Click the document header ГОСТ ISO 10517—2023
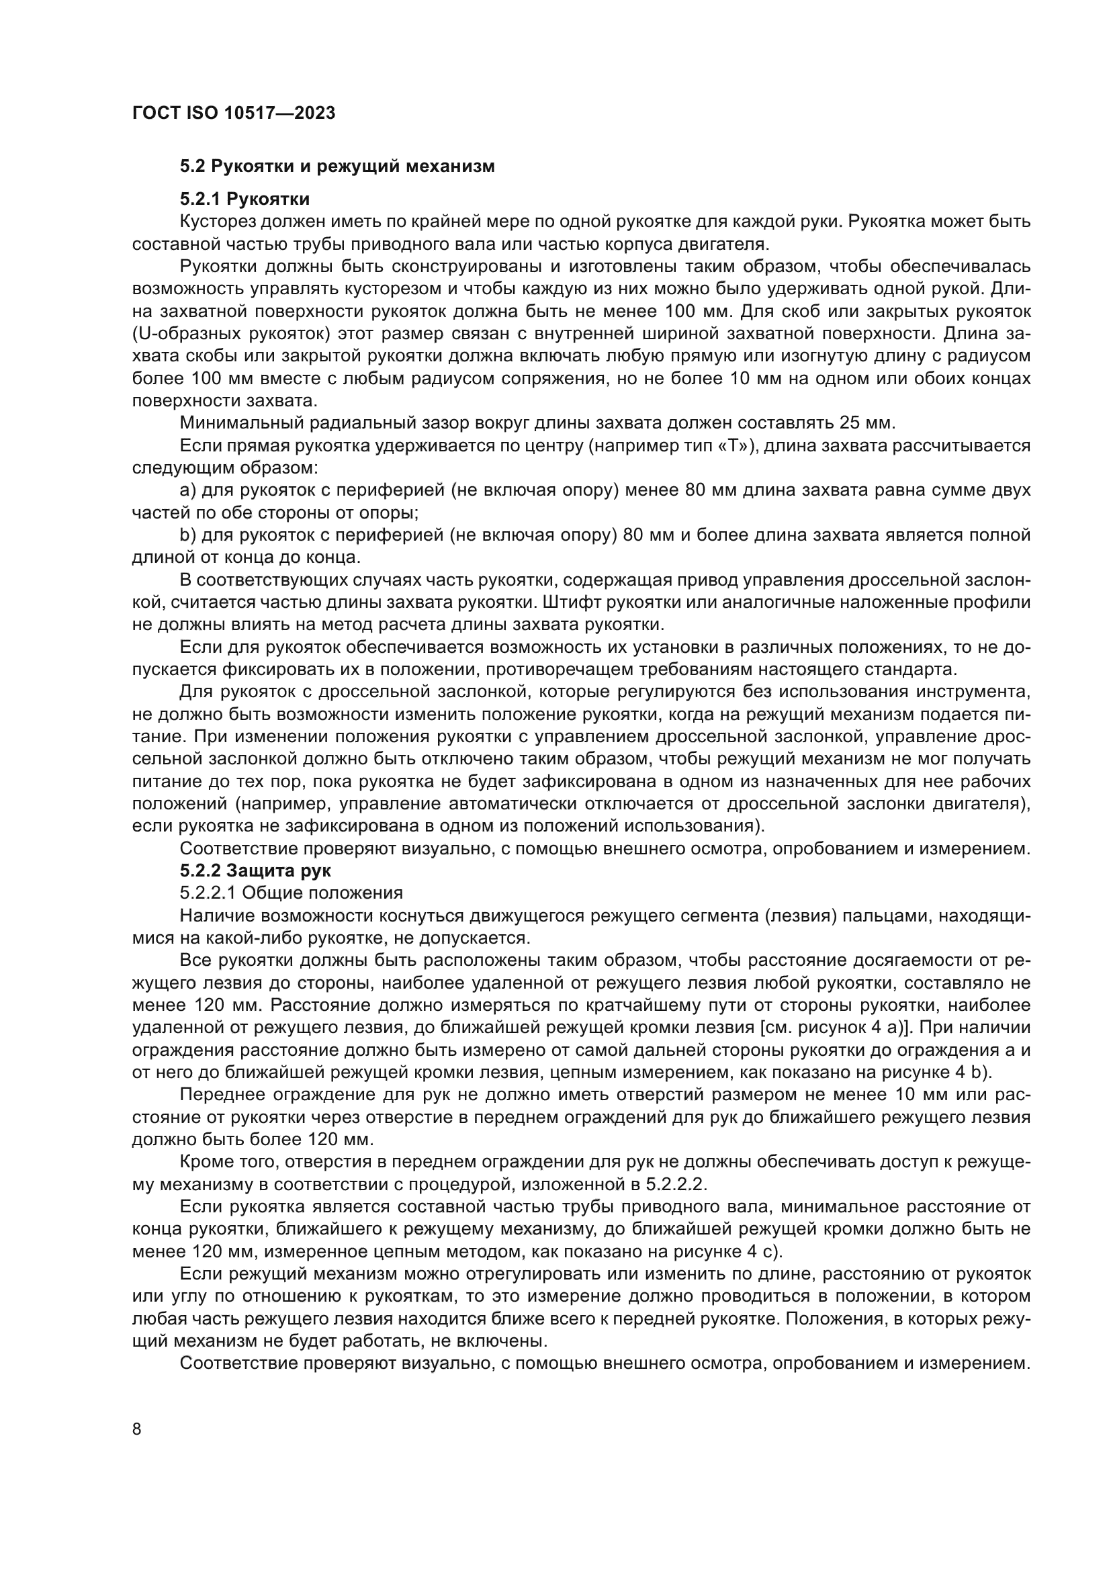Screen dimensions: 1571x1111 [x=233, y=114]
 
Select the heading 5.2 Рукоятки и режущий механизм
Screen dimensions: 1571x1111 [x=337, y=167]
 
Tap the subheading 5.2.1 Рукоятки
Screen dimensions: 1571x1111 [x=245, y=199]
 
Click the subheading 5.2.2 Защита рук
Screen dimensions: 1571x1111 [x=255, y=871]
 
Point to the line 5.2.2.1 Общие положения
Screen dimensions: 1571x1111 [x=291, y=893]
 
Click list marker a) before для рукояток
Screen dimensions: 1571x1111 [x=187, y=490]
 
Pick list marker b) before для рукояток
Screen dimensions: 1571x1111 [x=187, y=535]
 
